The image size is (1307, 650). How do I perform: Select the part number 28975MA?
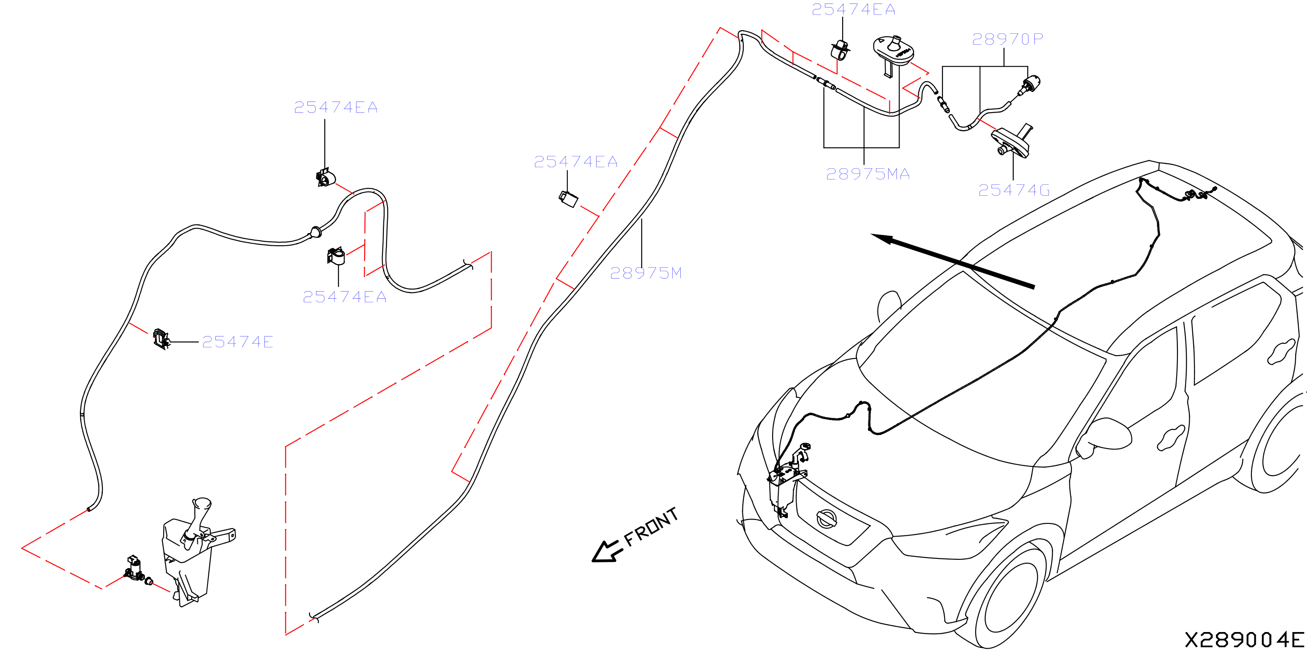pos(868,174)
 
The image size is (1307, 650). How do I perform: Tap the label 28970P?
pos(1007,39)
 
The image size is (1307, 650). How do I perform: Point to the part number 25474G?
pos(1014,191)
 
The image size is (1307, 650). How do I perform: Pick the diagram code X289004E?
pos(1244,640)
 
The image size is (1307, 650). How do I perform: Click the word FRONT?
pos(651,526)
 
